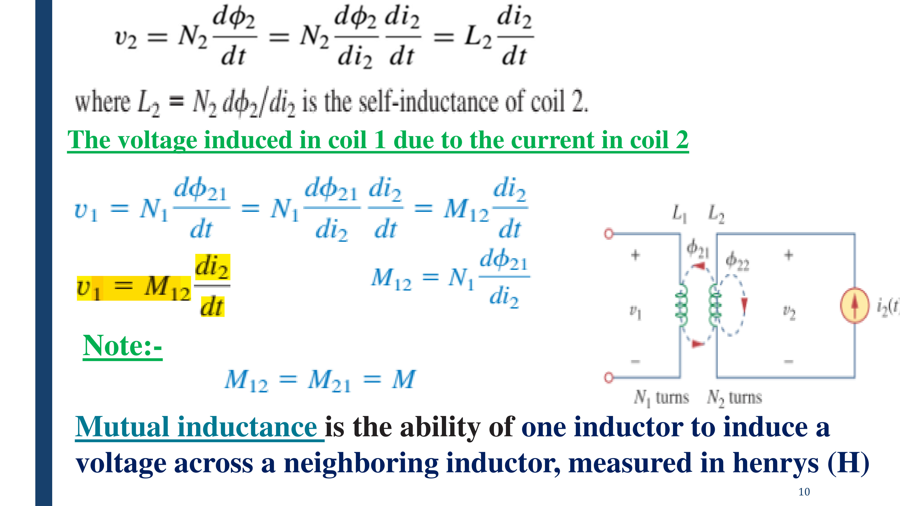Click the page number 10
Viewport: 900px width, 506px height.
pos(804,492)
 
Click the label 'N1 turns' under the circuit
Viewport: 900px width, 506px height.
pos(661,398)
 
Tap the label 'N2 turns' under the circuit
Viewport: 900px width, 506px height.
pos(734,398)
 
